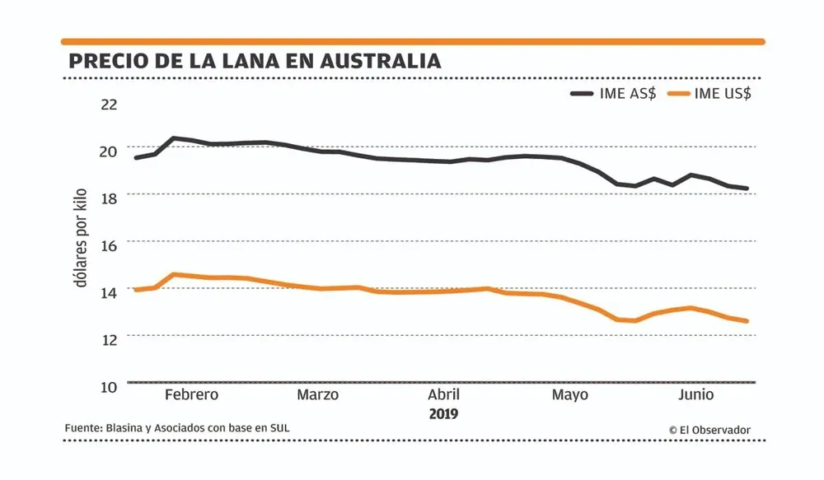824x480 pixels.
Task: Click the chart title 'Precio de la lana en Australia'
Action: click(x=254, y=62)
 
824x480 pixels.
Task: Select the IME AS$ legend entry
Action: click(x=614, y=93)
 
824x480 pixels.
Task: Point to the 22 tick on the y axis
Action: click(x=110, y=105)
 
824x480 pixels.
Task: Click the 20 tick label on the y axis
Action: click(x=110, y=151)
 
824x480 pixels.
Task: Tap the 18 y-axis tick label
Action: click(x=110, y=198)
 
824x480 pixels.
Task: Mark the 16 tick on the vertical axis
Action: click(x=110, y=245)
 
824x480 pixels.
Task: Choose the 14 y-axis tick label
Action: click(x=110, y=291)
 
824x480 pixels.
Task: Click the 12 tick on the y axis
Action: click(x=110, y=338)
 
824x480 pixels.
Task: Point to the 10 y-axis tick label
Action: click(x=110, y=385)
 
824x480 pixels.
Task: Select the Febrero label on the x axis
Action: click(x=192, y=394)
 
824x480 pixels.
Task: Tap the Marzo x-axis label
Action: click(x=318, y=394)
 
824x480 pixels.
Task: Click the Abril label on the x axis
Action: click(x=443, y=394)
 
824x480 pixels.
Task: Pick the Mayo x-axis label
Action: click(x=570, y=394)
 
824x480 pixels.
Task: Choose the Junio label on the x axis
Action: click(x=696, y=394)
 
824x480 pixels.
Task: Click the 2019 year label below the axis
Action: click(x=443, y=413)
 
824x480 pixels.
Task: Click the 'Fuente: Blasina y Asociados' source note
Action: click(x=177, y=428)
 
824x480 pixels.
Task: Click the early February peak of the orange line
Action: click(x=174, y=274)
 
